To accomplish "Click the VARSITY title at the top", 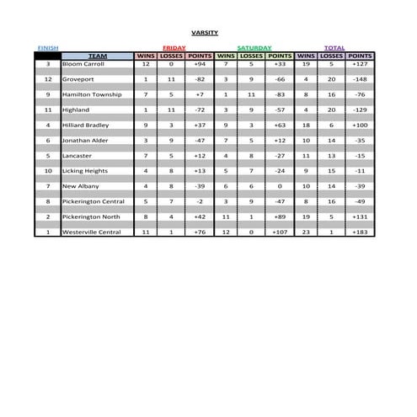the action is tap(204, 33).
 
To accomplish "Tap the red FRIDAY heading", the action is tap(174, 48).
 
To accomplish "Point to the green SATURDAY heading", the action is tap(254, 48).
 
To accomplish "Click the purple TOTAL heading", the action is tap(334, 48).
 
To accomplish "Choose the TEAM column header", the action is tap(98, 56).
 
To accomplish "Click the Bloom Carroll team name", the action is tap(82, 64).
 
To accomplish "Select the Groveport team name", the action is tap(78, 79).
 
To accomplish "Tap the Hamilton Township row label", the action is tap(91, 94).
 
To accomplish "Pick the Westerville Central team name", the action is tap(92, 233).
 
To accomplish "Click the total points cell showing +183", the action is tap(361, 233).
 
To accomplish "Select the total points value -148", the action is tap(361, 79).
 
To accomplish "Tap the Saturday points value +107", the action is tap(280, 233).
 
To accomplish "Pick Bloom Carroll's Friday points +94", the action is tap(200, 64).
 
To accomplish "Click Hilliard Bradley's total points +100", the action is tap(361, 125).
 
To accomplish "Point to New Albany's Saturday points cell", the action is tap(280, 186).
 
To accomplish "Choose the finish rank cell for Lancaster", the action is tap(48, 156).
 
